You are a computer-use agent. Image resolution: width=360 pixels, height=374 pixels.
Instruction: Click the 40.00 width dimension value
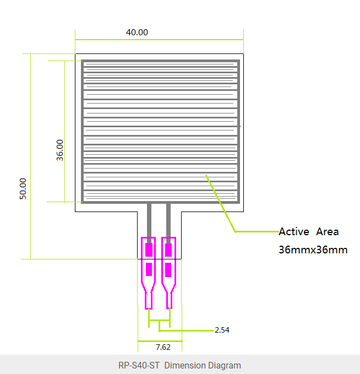click(x=137, y=32)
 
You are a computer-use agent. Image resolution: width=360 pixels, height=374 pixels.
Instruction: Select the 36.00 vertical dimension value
click(x=60, y=149)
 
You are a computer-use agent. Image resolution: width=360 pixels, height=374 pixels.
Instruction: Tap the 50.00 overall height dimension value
click(x=23, y=188)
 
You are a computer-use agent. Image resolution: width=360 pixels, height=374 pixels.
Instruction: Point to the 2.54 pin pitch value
click(x=222, y=330)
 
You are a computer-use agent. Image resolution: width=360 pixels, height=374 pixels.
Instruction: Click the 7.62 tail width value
click(x=163, y=347)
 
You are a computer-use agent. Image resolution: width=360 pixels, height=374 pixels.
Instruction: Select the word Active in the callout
click(x=294, y=232)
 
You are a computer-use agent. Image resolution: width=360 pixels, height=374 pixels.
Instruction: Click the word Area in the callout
click(x=328, y=232)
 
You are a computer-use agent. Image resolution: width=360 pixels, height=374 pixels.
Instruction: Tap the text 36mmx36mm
click(x=313, y=250)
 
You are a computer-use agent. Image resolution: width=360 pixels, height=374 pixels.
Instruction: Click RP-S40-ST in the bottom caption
click(x=139, y=365)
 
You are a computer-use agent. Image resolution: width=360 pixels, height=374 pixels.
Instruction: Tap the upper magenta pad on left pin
click(x=149, y=250)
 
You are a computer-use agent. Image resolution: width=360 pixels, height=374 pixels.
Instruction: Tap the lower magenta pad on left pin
click(x=149, y=269)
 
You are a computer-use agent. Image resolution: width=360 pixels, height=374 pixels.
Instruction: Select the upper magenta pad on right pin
click(x=168, y=250)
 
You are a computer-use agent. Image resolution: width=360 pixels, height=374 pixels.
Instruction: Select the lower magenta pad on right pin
click(x=168, y=269)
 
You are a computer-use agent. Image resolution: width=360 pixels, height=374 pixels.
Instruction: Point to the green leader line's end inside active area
click(x=206, y=176)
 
